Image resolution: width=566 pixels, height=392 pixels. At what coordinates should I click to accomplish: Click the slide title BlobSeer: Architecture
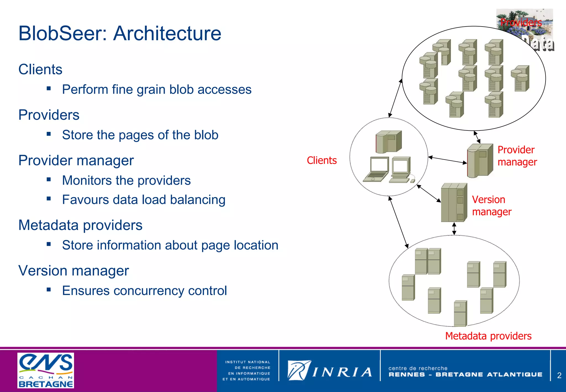(x=120, y=33)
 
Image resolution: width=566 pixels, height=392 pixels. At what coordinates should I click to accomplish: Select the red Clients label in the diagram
(x=322, y=160)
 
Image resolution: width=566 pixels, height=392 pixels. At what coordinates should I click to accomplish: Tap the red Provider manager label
(x=517, y=156)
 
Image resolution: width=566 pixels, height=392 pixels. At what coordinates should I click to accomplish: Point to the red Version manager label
(x=491, y=206)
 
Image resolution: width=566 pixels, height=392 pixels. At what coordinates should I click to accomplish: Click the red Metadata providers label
(x=488, y=336)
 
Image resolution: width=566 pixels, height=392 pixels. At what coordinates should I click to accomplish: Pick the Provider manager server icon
(x=480, y=160)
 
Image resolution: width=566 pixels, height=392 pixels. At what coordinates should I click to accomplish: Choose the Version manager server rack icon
(x=454, y=202)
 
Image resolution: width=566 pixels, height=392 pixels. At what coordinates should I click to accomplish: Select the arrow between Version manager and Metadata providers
(x=454, y=229)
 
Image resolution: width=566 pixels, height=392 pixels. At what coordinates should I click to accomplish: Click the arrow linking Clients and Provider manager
(x=447, y=160)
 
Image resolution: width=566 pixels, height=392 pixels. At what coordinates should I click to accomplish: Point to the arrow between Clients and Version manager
(x=429, y=193)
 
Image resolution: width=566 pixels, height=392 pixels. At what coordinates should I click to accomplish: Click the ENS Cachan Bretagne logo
(x=46, y=370)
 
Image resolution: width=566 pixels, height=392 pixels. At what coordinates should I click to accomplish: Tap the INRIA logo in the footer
(x=329, y=371)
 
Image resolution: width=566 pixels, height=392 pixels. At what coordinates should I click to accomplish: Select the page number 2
(x=559, y=375)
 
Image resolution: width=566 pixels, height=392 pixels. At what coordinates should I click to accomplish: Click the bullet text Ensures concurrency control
(x=144, y=291)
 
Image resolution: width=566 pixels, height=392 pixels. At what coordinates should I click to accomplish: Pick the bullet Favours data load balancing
(x=143, y=200)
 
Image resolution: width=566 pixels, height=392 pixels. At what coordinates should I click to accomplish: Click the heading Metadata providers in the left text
(x=80, y=225)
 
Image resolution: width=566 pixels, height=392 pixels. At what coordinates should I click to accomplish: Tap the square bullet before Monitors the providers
(x=49, y=179)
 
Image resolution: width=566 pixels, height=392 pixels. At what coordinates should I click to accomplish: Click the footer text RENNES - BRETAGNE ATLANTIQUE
(x=465, y=375)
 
